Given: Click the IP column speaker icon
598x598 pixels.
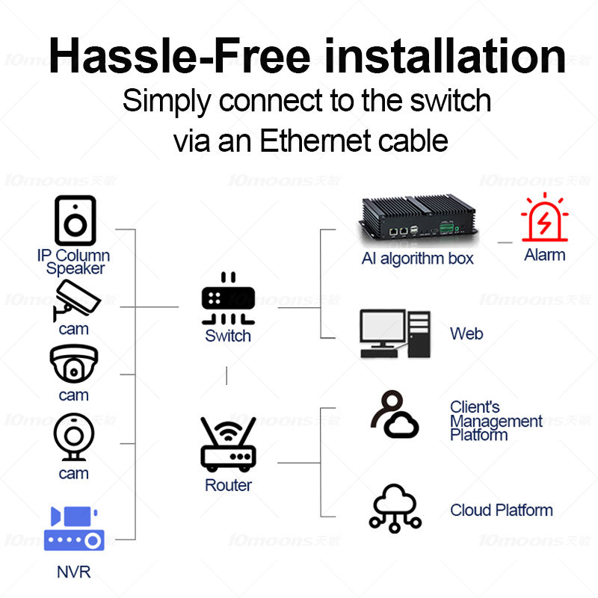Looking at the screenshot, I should point(75,220).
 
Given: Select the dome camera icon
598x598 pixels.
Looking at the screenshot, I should point(73,364).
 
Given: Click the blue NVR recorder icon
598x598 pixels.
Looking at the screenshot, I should point(73,528).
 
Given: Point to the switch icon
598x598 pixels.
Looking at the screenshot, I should point(228,299).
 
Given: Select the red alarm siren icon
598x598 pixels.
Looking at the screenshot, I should point(544,218).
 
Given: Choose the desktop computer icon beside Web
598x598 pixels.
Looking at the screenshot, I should point(395,333).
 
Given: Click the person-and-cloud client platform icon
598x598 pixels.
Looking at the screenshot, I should point(395,414).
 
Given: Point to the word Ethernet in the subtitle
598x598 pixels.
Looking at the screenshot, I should point(313,140).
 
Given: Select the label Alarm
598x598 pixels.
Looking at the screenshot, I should point(544,255).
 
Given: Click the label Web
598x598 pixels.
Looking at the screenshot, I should point(466,333).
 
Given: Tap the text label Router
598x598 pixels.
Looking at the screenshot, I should point(228,485).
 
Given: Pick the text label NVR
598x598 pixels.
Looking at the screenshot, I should point(73,573).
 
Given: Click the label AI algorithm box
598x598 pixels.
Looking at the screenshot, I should point(417,259).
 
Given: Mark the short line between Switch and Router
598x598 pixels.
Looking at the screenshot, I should point(226,376).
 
